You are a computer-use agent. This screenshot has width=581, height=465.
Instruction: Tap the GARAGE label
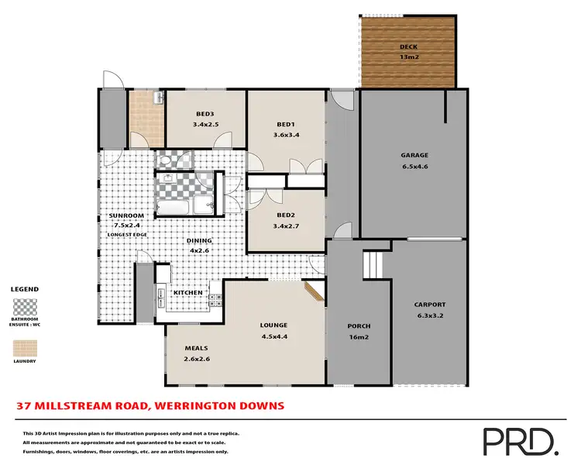pyautogui.click(x=414, y=155)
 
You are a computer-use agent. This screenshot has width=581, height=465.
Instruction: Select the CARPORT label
pyautogui.click(x=431, y=305)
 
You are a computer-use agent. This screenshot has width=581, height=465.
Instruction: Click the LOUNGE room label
pyautogui.click(x=274, y=325)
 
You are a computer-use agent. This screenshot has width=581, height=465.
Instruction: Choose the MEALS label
pyautogui.click(x=195, y=348)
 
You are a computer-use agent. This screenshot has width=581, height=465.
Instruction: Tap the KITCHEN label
pyautogui.click(x=187, y=292)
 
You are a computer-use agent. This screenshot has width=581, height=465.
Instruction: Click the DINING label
pyautogui.click(x=199, y=240)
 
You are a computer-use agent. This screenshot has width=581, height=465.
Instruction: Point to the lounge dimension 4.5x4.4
pyautogui.click(x=274, y=336)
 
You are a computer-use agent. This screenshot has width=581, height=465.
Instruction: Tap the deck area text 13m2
pyautogui.click(x=407, y=56)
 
